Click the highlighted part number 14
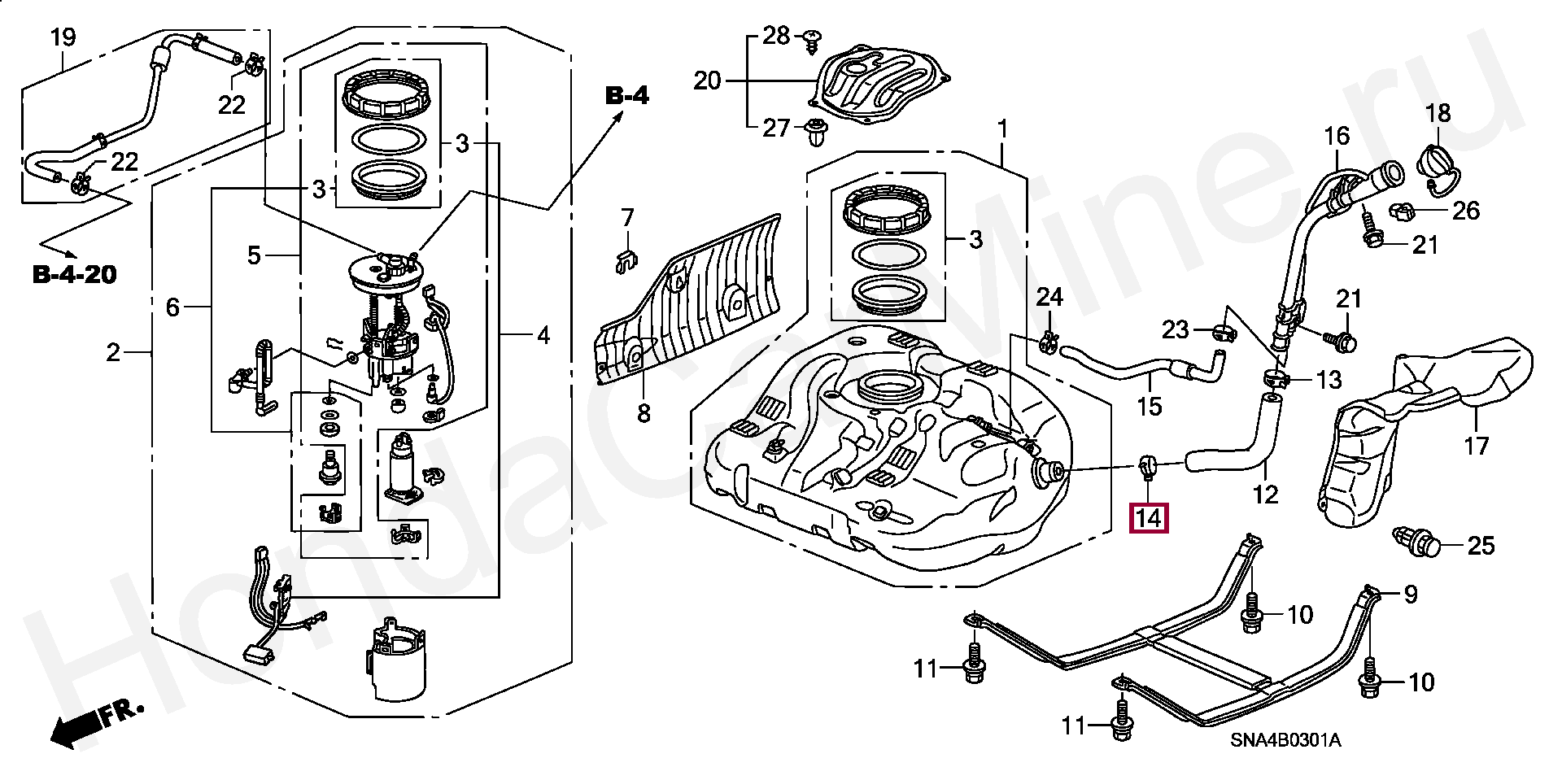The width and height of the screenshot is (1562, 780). pyautogui.click(x=1149, y=518)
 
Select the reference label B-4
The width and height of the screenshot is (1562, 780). pyautogui.click(x=627, y=96)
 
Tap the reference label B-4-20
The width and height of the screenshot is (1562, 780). pyautogui.click(x=75, y=275)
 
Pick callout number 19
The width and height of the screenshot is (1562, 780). pyautogui.click(x=63, y=37)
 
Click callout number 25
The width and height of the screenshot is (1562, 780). pyautogui.click(x=1481, y=545)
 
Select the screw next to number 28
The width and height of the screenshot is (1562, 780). pyautogui.click(x=810, y=40)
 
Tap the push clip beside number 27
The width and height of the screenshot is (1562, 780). pyautogui.click(x=814, y=133)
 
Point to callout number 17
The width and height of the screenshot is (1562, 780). pyautogui.click(x=1476, y=446)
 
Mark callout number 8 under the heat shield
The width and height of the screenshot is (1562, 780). pyautogui.click(x=644, y=413)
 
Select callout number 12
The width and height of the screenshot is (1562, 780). pyautogui.click(x=1265, y=494)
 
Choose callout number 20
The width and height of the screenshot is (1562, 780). pyautogui.click(x=708, y=81)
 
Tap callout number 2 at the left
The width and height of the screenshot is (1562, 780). pyautogui.click(x=112, y=352)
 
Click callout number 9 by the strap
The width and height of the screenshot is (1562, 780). pyautogui.click(x=1410, y=595)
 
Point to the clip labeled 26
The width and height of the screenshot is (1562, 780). pyautogui.click(x=1402, y=211)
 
